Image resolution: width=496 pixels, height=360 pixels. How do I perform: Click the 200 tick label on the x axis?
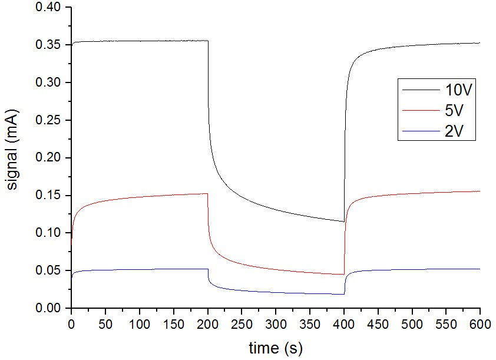[x=207, y=323]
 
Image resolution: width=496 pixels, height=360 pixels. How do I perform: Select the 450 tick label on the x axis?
[x=378, y=323]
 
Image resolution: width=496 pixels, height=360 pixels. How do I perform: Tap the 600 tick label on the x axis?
[x=480, y=323]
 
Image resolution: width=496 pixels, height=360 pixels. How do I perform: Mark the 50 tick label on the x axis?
[x=105, y=323]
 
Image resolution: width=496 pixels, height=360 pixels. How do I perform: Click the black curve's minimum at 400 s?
[x=344, y=222]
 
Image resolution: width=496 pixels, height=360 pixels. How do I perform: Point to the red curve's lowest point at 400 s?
[x=344, y=274]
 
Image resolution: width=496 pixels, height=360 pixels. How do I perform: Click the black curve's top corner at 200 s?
[x=208, y=41]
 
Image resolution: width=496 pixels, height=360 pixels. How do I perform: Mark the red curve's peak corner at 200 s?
[x=207, y=193]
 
